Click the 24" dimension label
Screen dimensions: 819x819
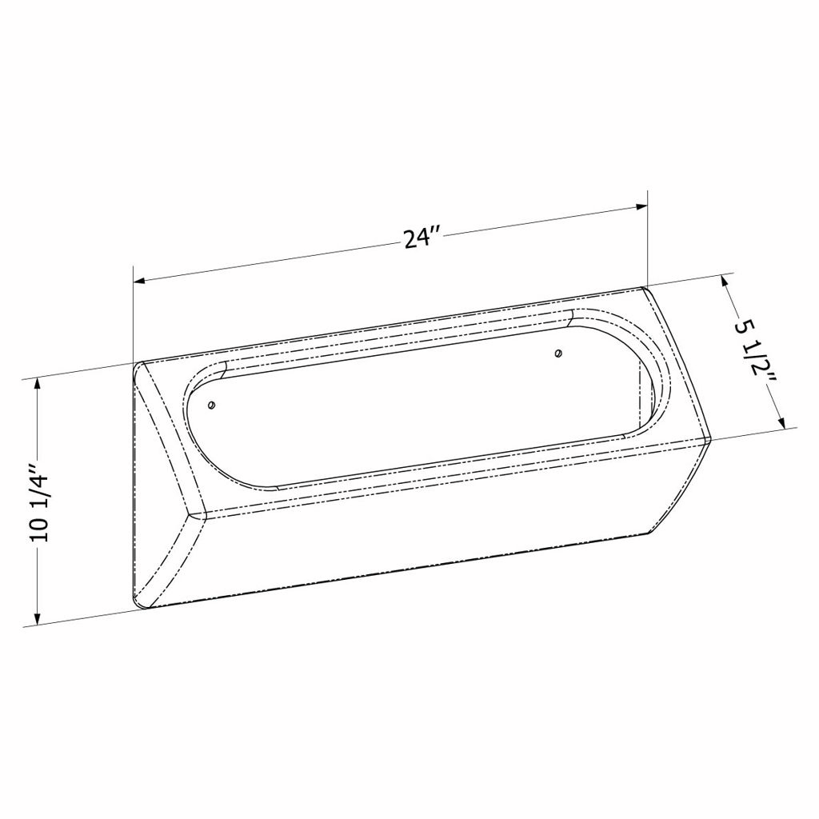[422, 238]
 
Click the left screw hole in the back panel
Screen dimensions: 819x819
[211, 405]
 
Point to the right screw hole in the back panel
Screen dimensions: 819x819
[559, 354]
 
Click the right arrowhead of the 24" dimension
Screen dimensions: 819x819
[641, 207]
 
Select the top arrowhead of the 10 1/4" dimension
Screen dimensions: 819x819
[37, 385]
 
